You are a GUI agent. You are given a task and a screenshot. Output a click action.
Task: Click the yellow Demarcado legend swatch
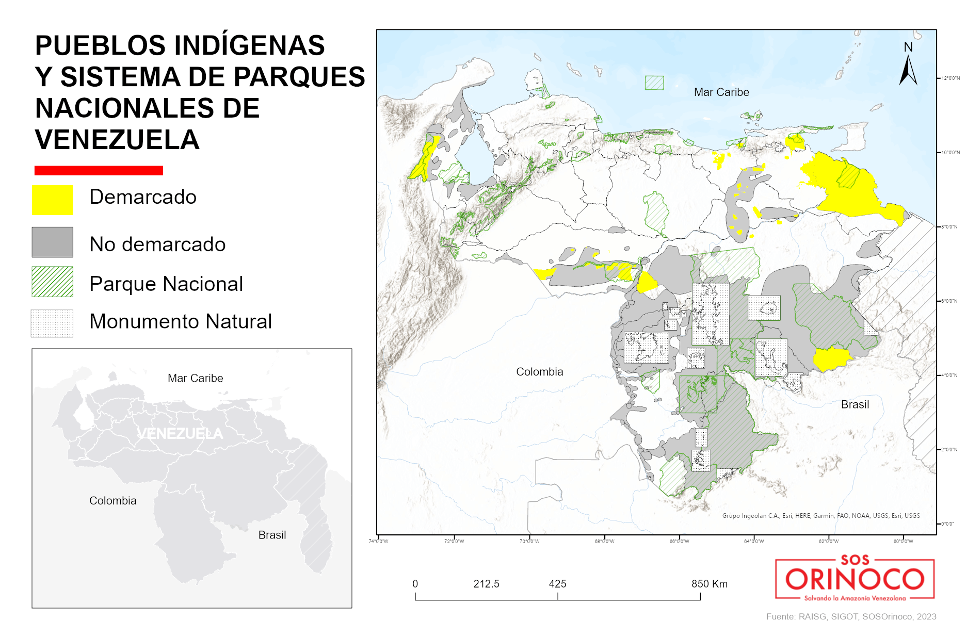52,200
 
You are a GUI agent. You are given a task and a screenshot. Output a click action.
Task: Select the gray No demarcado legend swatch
52,242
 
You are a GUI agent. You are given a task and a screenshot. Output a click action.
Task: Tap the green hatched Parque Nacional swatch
52,282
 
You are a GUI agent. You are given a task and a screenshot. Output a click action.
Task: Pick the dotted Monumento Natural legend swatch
52,323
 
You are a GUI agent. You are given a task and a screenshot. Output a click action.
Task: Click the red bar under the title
99,171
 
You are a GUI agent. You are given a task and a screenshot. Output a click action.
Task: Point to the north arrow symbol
908,70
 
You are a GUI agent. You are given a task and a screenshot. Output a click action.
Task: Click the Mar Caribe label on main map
721,92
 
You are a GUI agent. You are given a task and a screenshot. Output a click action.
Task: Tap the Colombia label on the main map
539,372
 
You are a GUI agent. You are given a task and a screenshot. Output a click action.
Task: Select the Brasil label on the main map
855,405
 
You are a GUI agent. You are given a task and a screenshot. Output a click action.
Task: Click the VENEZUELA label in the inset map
180,434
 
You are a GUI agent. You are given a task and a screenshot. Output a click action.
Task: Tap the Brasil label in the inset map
272,535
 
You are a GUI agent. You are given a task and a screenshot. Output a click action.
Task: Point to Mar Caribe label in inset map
195,379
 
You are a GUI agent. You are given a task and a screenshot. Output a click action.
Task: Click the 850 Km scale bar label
709,584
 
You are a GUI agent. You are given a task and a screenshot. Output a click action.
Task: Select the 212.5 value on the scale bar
486,584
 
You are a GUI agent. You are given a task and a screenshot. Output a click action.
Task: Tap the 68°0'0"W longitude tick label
604,542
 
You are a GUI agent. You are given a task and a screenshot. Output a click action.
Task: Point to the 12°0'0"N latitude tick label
950,78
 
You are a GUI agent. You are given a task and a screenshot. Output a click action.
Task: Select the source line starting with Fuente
851,616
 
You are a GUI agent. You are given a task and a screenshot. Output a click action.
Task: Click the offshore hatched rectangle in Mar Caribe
654,83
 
